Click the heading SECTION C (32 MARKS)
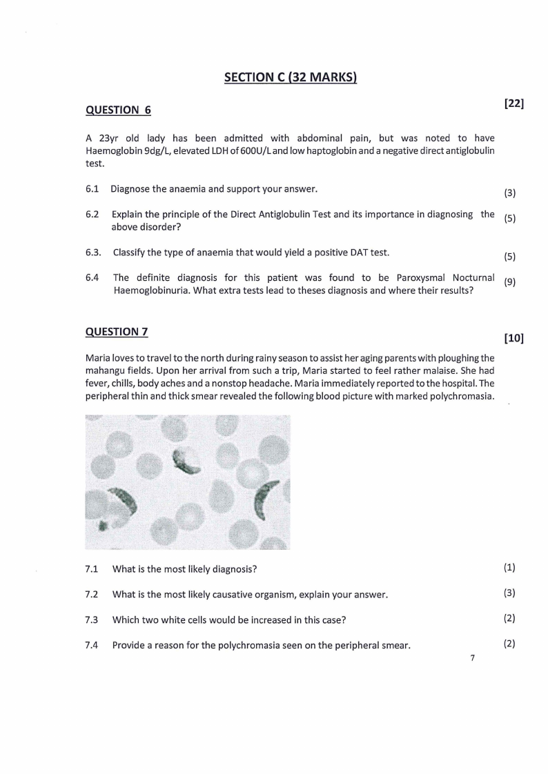(290, 77)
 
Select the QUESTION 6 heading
(117, 110)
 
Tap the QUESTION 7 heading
(117, 332)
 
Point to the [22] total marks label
(514, 103)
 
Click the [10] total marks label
(514, 338)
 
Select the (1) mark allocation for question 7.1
(509, 568)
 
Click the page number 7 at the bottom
(472, 658)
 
